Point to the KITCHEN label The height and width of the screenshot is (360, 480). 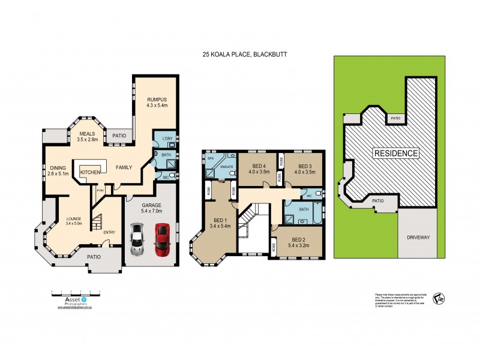click(90, 172)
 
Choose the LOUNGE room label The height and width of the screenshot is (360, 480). click(76, 219)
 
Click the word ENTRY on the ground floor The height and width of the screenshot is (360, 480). click(110, 232)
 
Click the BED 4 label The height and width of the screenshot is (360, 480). click(260, 166)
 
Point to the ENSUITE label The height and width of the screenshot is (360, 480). click(226, 166)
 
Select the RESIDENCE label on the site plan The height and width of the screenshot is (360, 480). click(396, 153)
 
